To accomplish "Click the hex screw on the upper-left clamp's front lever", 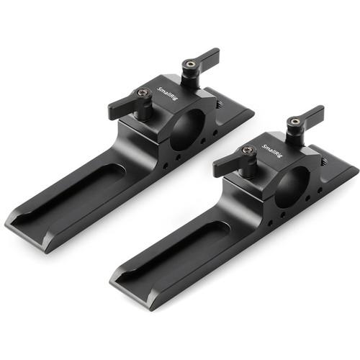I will pyautogui.click(x=144, y=92).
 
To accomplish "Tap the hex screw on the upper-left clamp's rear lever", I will pyautogui.click(x=189, y=64).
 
